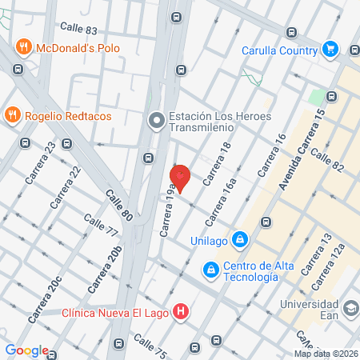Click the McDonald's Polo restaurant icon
[23, 47]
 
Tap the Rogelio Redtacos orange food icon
[12, 115]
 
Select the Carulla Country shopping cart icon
[329, 49]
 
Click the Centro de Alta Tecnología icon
[210, 270]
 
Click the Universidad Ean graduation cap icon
[350, 308]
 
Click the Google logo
[26, 350]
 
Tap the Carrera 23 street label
[40, 162]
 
